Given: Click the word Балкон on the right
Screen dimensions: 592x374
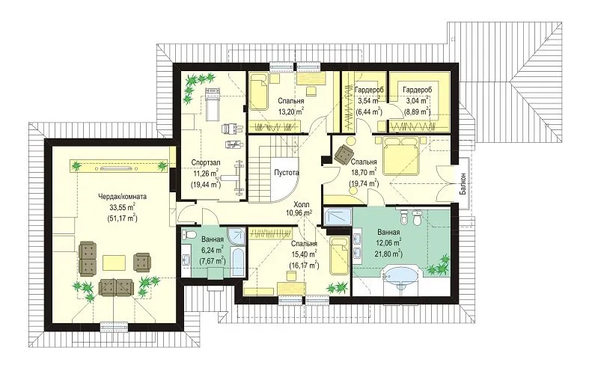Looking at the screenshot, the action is (463, 184).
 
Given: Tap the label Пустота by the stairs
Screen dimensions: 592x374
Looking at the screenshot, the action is (287, 173).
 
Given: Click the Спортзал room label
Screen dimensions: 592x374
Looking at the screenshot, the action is (206, 162).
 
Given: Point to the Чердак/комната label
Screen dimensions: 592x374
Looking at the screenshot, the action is (122, 197).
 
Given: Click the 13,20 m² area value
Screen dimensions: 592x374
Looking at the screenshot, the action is (291, 111).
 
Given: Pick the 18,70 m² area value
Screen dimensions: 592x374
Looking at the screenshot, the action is (364, 173).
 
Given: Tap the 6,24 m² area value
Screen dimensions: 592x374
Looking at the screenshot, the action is (212, 250).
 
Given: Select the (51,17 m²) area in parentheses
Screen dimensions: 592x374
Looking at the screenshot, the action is (122, 218).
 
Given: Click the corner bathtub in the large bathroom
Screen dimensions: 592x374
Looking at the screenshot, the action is (400, 278).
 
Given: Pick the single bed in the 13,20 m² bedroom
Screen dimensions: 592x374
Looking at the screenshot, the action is (259, 91).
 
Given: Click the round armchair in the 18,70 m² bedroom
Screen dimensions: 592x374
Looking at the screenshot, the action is (344, 153).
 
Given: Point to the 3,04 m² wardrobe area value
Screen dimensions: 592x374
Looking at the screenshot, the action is (416, 101).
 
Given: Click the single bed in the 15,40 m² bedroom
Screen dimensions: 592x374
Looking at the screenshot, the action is (340, 255).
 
